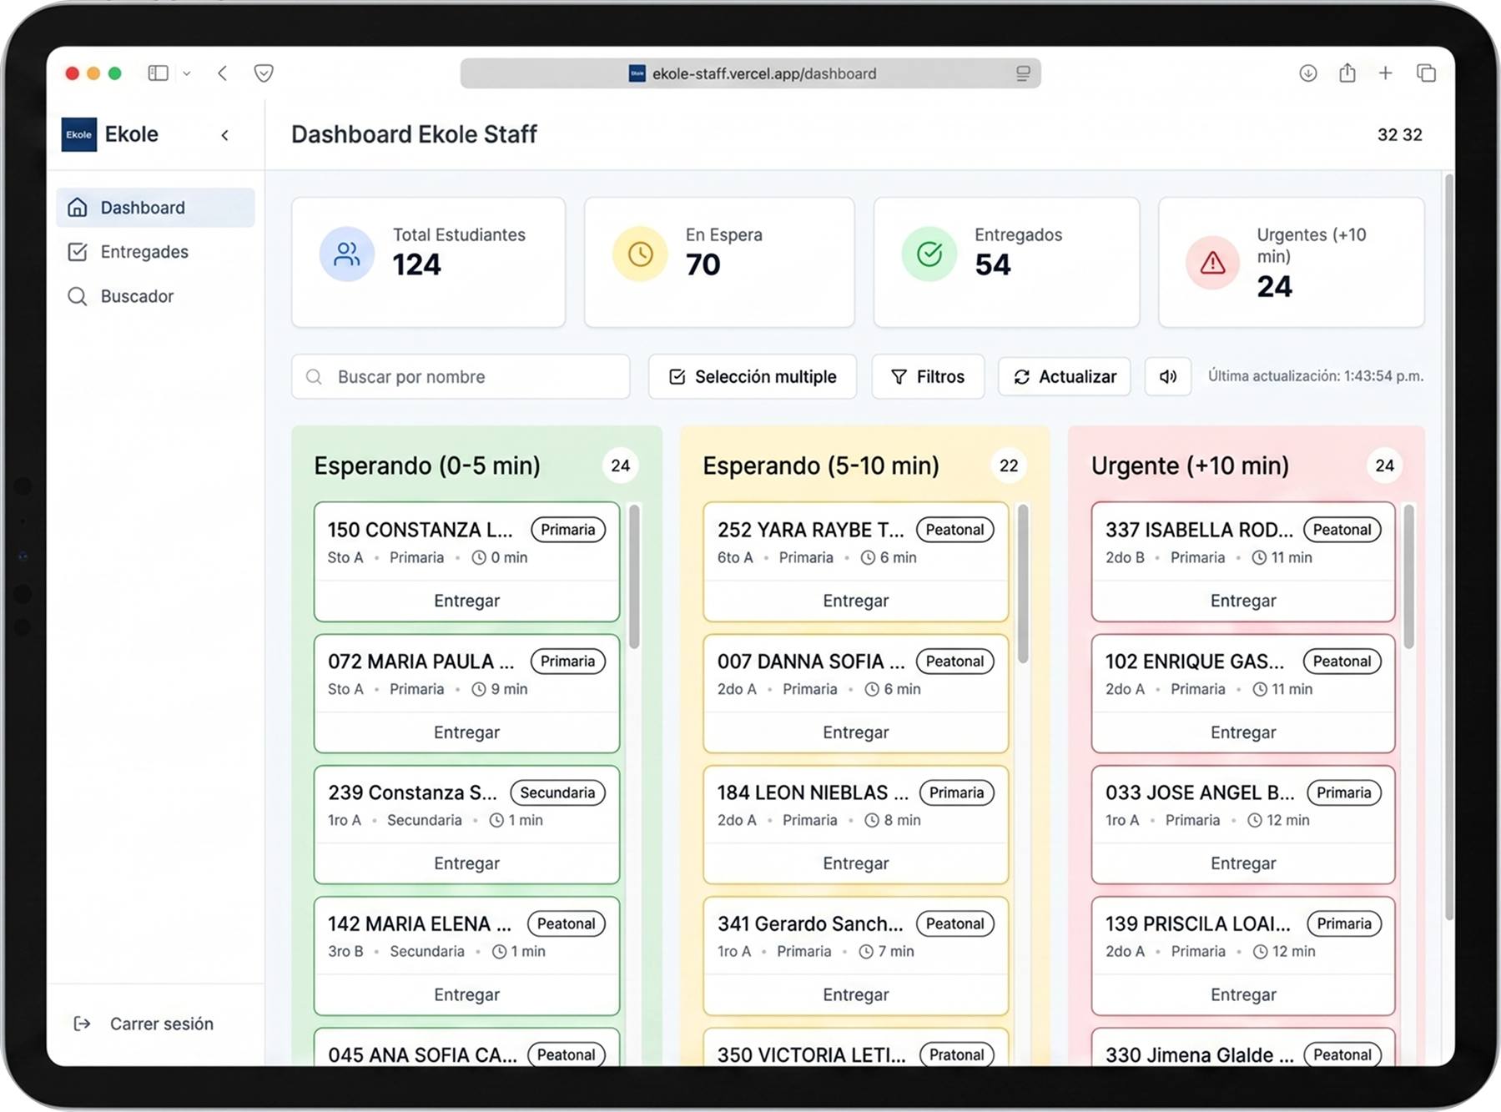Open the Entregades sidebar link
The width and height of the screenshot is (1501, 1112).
(144, 252)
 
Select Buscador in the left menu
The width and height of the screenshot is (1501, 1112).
(137, 296)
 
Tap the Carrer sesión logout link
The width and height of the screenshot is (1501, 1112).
(160, 1024)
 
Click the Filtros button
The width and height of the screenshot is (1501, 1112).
(928, 377)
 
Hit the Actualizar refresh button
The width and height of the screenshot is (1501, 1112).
(1064, 377)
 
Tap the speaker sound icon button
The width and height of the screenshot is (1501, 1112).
(1167, 377)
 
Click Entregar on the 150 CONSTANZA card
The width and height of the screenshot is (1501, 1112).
(466, 601)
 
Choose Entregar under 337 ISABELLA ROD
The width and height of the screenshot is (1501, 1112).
(1242, 601)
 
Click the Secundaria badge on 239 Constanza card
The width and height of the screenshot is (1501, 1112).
(557, 792)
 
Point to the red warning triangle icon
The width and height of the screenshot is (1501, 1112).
(1211, 264)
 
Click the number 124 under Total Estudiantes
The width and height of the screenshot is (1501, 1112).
(416, 265)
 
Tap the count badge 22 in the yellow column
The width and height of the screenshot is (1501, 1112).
(1008, 465)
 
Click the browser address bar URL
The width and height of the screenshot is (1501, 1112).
(763, 73)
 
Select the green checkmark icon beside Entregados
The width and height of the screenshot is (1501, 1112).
(929, 254)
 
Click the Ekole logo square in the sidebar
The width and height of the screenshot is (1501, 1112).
(79, 134)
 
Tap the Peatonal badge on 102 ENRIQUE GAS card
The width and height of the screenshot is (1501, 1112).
(1342, 662)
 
